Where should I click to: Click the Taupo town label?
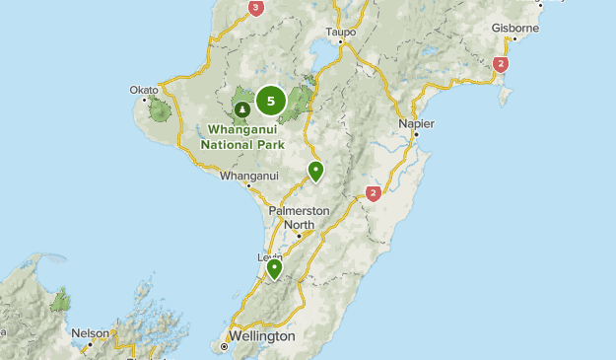(x=340, y=32)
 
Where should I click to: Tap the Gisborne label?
(x=516, y=29)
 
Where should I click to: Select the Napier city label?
(x=417, y=123)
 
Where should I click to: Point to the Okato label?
(x=143, y=90)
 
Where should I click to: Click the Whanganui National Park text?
(x=242, y=135)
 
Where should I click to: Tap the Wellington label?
(x=263, y=335)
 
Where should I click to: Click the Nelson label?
(x=90, y=333)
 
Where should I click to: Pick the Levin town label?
(x=270, y=257)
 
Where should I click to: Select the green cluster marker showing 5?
(x=271, y=100)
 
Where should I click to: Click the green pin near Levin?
(x=274, y=267)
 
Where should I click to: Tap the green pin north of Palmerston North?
(x=315, y=171)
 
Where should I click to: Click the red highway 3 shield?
(x=256, y=8)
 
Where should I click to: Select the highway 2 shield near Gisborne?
(x=501, y=64)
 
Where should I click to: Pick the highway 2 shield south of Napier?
(x=373, y=193)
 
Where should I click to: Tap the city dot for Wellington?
(x=224, y=346)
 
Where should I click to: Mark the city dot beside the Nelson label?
(x=87, y=345)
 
